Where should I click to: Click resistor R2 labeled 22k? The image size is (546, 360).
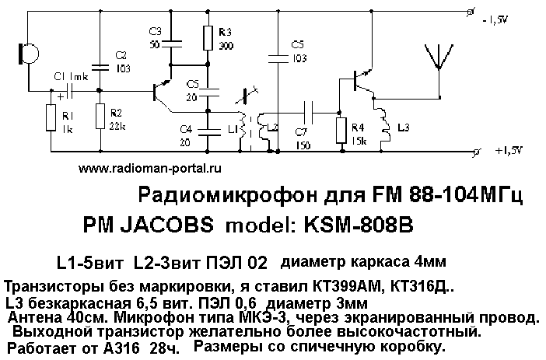pyautogui.click(x=100, y=118)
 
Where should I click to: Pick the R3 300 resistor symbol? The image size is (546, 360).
pyautogui.click(x=207, y=37)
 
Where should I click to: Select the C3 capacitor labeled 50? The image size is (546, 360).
pyautogui.click(x=173, y=39)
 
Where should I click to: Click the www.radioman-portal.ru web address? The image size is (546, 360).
pyautogui.click(x=150, y=168)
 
